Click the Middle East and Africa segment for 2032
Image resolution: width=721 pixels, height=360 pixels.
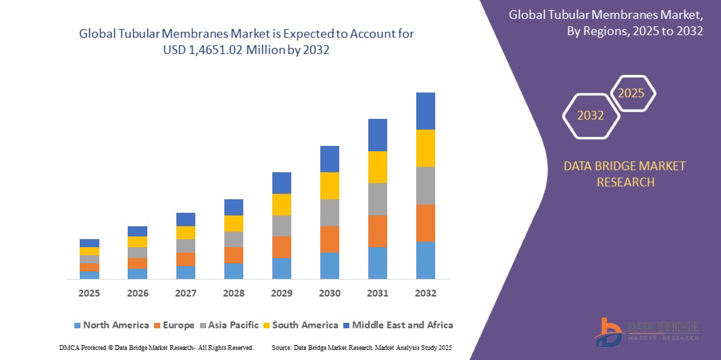click(425, 111)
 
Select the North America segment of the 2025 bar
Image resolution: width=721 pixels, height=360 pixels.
click(89, 275)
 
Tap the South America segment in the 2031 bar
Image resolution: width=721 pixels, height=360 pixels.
click(377, 167)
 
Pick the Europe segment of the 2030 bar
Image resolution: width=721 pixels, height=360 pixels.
click(329, 239)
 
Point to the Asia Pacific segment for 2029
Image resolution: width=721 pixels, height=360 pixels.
click(281, 226)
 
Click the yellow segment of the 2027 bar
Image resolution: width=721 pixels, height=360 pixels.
click(185, 232)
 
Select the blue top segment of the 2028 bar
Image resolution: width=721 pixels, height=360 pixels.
click(233, 207)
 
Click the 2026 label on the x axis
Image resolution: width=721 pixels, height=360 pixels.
click(137, 293)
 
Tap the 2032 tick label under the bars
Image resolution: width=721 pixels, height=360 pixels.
click(425, 293)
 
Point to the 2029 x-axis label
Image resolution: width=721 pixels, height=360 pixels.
click(281, 293)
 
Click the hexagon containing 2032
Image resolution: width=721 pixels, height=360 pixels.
click(590, 115)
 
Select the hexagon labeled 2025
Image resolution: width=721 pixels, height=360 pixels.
click(631, 93)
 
